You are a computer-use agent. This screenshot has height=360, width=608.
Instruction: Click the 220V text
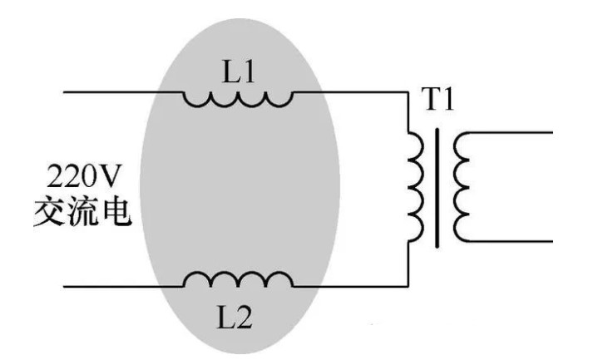pyautogui.click(x=82, y=177)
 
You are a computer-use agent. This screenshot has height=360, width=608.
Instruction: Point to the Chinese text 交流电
pyautogui.click(x=82, y=212)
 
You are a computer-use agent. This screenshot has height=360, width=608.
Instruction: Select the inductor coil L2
pyautogui.click(x=238, y=279)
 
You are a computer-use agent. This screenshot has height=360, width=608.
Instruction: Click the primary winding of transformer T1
pyautogui.click(x=415, y=185)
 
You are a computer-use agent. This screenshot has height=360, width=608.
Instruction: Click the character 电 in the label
pyautogui.click(x=116, y=212)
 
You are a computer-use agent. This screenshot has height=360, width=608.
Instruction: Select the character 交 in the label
pyautogui.click(x=49, y=212)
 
